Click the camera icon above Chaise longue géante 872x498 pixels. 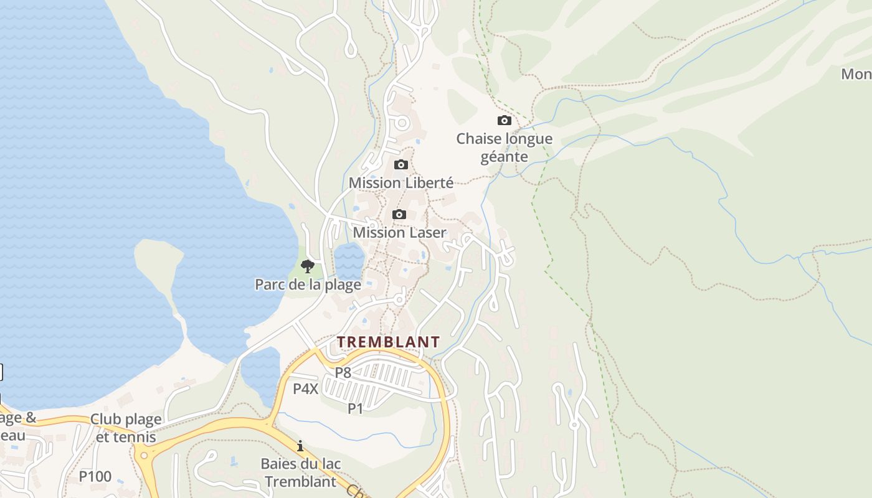point(505,121)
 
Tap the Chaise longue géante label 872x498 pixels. point(505,148)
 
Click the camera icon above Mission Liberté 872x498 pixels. point(401,165)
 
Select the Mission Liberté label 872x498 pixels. point(401,183)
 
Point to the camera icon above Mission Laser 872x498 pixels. point(399,215)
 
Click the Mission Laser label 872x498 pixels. point(399,233)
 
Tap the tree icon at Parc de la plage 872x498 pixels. point(307,267)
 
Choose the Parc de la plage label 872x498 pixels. point(308,285)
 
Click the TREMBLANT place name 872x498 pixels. point(389,342)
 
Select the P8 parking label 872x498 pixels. point(343,373)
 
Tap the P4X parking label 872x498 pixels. point(306,389)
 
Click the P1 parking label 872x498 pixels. point(355,408)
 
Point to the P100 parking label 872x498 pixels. point(95,477)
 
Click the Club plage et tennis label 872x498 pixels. point(126,428)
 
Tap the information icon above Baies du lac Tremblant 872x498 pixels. point(300,446)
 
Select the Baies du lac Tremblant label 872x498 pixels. point(300,472)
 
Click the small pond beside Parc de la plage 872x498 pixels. point(349,260)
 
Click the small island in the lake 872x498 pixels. point(159,261)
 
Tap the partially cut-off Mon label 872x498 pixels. point(856,74)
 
